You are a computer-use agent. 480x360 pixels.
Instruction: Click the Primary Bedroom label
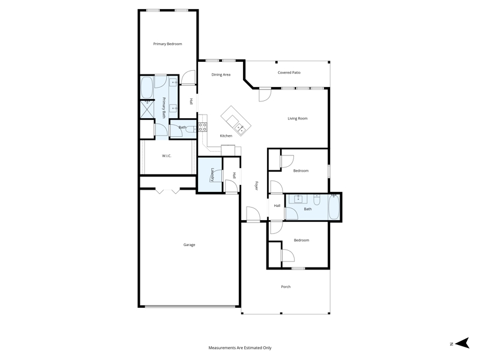pyautogui.click(x=167, y=44)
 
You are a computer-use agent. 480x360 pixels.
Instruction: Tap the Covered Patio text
pyautogui.click(x=289, y=73)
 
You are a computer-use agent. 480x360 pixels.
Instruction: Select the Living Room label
pyautogui.click(x=297, y=118)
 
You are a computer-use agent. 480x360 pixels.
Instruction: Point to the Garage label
pyautogui.click(x=189, y=245)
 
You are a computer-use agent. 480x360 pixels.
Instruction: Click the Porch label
pyautogui.click(x=286, y=287)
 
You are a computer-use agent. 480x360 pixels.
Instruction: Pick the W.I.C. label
pyautogui.click(x=167, y=156)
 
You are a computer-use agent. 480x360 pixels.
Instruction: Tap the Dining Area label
pyautogui.click(x=221, y=74)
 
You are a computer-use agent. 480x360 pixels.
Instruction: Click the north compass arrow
pyautogui.click(x=462, y=343)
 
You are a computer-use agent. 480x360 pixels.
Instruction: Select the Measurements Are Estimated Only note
pyautogui.click(x=239, y=348)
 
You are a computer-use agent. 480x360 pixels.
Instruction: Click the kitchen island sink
pyautogui.click(x=239, y=128)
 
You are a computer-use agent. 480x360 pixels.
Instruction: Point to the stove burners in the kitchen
pyautogui.click(x=202, y=127)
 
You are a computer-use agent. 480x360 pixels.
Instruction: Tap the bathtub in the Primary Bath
pyautogui.click(x=146, y=88)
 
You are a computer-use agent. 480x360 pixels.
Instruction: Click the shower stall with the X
pyautogui.click(x=147, y=109)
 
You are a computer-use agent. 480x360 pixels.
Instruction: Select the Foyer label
pyautogui.click(x=257, y=185)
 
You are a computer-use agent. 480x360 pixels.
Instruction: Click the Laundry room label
pyautogui.click(x=212, y=175)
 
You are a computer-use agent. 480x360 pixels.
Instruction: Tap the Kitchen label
pyautogui.click(x=226, y=136)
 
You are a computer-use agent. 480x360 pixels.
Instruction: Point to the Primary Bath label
pyautogui.click(x=164, y=108)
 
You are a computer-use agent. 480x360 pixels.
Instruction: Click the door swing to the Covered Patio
pyautogui.click(x=265, y=95)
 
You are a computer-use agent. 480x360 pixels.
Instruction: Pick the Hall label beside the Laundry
pyautogui.click(x=234, y=175)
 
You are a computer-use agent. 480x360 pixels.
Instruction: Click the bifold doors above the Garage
pyautogui.click(x=167, y=191)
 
